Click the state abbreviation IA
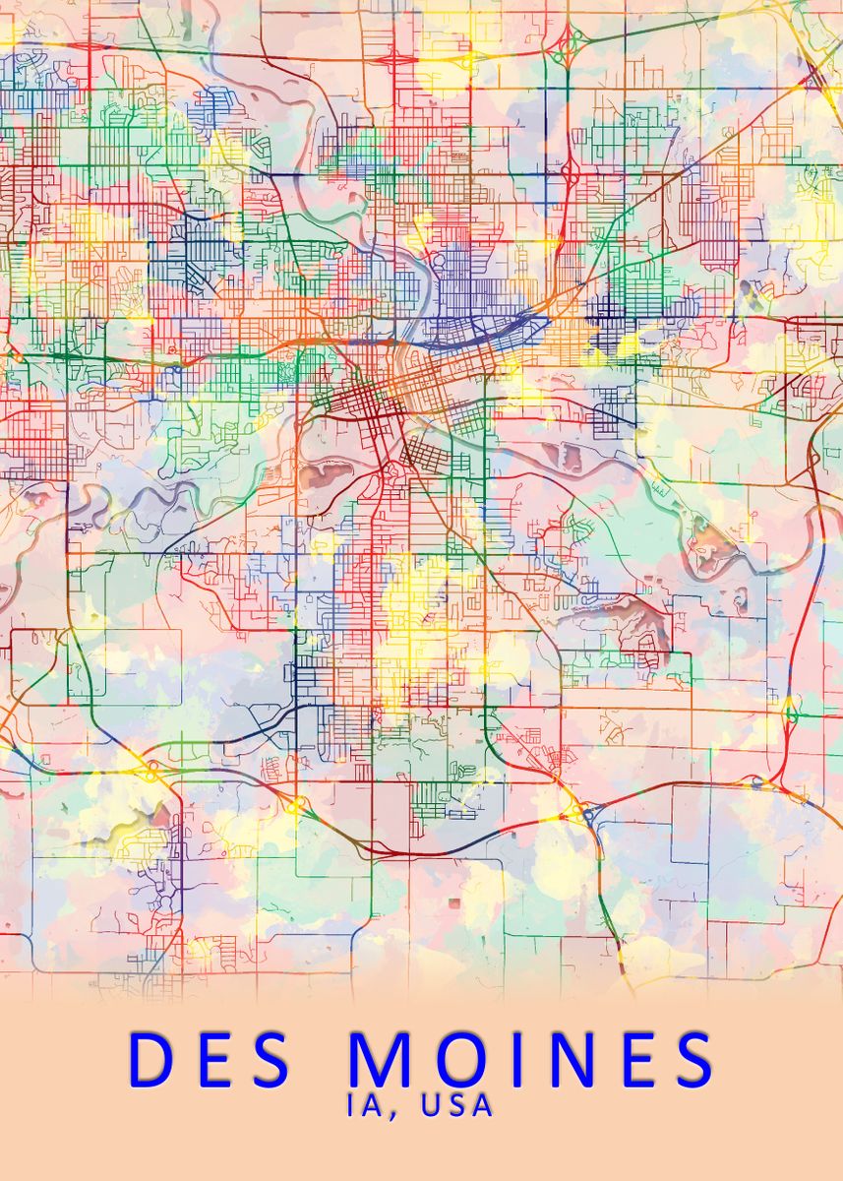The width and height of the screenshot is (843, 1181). coord(362,1105)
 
